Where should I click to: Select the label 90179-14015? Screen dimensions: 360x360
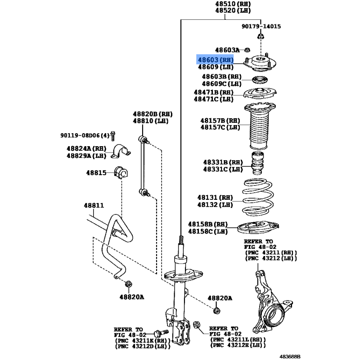coord(261,27)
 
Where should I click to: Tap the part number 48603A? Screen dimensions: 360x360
coord(227,50)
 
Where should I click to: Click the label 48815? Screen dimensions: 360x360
coord(96,172)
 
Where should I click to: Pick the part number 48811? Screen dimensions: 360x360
coord(93,205)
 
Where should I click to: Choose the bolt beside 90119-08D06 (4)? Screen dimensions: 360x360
coord(113,135)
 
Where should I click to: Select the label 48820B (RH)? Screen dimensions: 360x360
coord(152,114)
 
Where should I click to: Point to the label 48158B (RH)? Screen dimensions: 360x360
coord(207,224)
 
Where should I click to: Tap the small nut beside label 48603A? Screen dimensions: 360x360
coord(248,50)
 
